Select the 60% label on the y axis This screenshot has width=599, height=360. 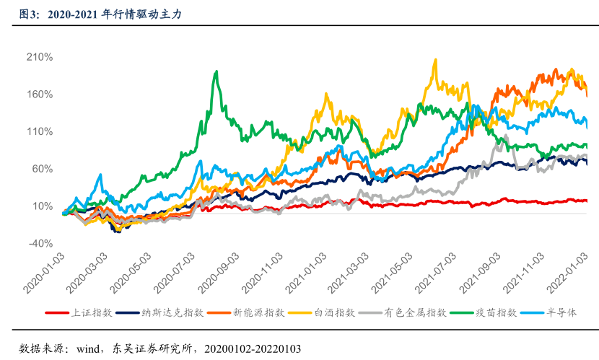[x=45, y=169]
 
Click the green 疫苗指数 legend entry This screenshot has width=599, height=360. [x=495, y=312]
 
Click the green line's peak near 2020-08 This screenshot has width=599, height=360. [x=216, y=71]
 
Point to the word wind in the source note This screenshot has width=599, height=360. [x=79, y=348]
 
